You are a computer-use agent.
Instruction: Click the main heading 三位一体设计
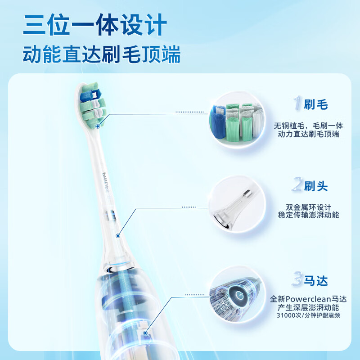95,25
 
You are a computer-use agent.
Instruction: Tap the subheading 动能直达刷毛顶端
102,54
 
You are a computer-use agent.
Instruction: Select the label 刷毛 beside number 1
316,104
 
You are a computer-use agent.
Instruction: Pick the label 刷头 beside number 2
316,186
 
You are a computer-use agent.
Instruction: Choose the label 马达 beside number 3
316,280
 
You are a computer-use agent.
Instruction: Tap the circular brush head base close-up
237,204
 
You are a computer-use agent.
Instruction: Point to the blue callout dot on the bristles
98,126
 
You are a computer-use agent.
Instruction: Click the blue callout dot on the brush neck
118,236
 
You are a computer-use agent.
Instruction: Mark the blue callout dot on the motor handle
145,333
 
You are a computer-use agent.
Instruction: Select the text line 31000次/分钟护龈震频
308,315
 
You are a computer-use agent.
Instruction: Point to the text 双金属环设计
308,207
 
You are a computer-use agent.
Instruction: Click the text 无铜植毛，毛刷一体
308,126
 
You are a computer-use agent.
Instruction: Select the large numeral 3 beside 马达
297,279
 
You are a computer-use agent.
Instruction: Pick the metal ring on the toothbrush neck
110,216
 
